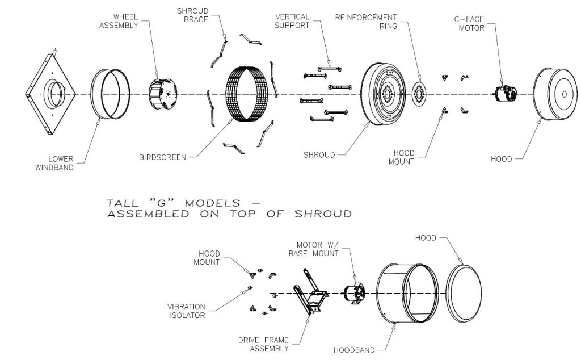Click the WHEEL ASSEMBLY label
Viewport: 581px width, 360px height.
tap(119, 21)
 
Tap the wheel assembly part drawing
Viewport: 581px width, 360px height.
tap(163, 94)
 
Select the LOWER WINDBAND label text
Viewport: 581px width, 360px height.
tap(54, 163)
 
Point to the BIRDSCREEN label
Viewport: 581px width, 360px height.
tap(162, 157)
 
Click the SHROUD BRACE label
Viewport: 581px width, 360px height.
tap(193, 15)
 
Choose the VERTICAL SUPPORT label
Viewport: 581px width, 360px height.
tap(292, 21)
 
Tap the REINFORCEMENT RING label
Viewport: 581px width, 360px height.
tap(366, 22)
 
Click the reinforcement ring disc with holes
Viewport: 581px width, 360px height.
tap(419, 94)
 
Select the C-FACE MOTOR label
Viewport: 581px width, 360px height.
tap(469, 23)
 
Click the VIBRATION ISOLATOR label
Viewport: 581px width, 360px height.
tap(186, 311)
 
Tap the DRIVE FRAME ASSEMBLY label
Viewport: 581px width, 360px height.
tap(263, 345)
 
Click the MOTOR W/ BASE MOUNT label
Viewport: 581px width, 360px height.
tap(313, 249)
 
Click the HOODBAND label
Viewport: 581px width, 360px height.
tap(354, 350)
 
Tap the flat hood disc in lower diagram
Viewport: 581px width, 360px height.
tap(464, 293)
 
